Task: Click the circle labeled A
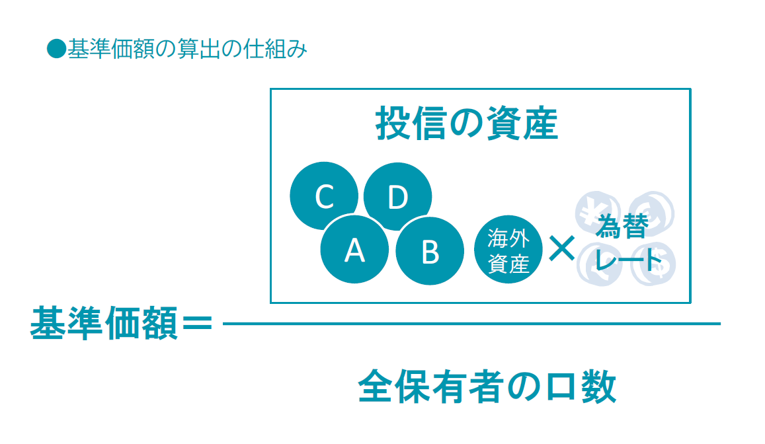point(354,250)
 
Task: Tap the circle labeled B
point(430,251)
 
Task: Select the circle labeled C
point(324,196)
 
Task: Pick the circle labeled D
point(397,196)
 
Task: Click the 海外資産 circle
point(508,250)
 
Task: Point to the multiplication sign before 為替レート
point(562,248)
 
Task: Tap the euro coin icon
point(652,213)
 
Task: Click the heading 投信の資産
point(466,124)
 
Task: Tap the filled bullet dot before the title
point(57,49)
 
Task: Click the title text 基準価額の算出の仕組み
point(188,50)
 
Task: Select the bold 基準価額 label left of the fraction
point(104,323)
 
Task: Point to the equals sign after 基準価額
point(197,322)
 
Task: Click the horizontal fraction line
point(471,324)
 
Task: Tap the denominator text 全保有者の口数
point(487,387)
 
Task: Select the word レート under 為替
point(628,258)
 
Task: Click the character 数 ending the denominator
point(600,387)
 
